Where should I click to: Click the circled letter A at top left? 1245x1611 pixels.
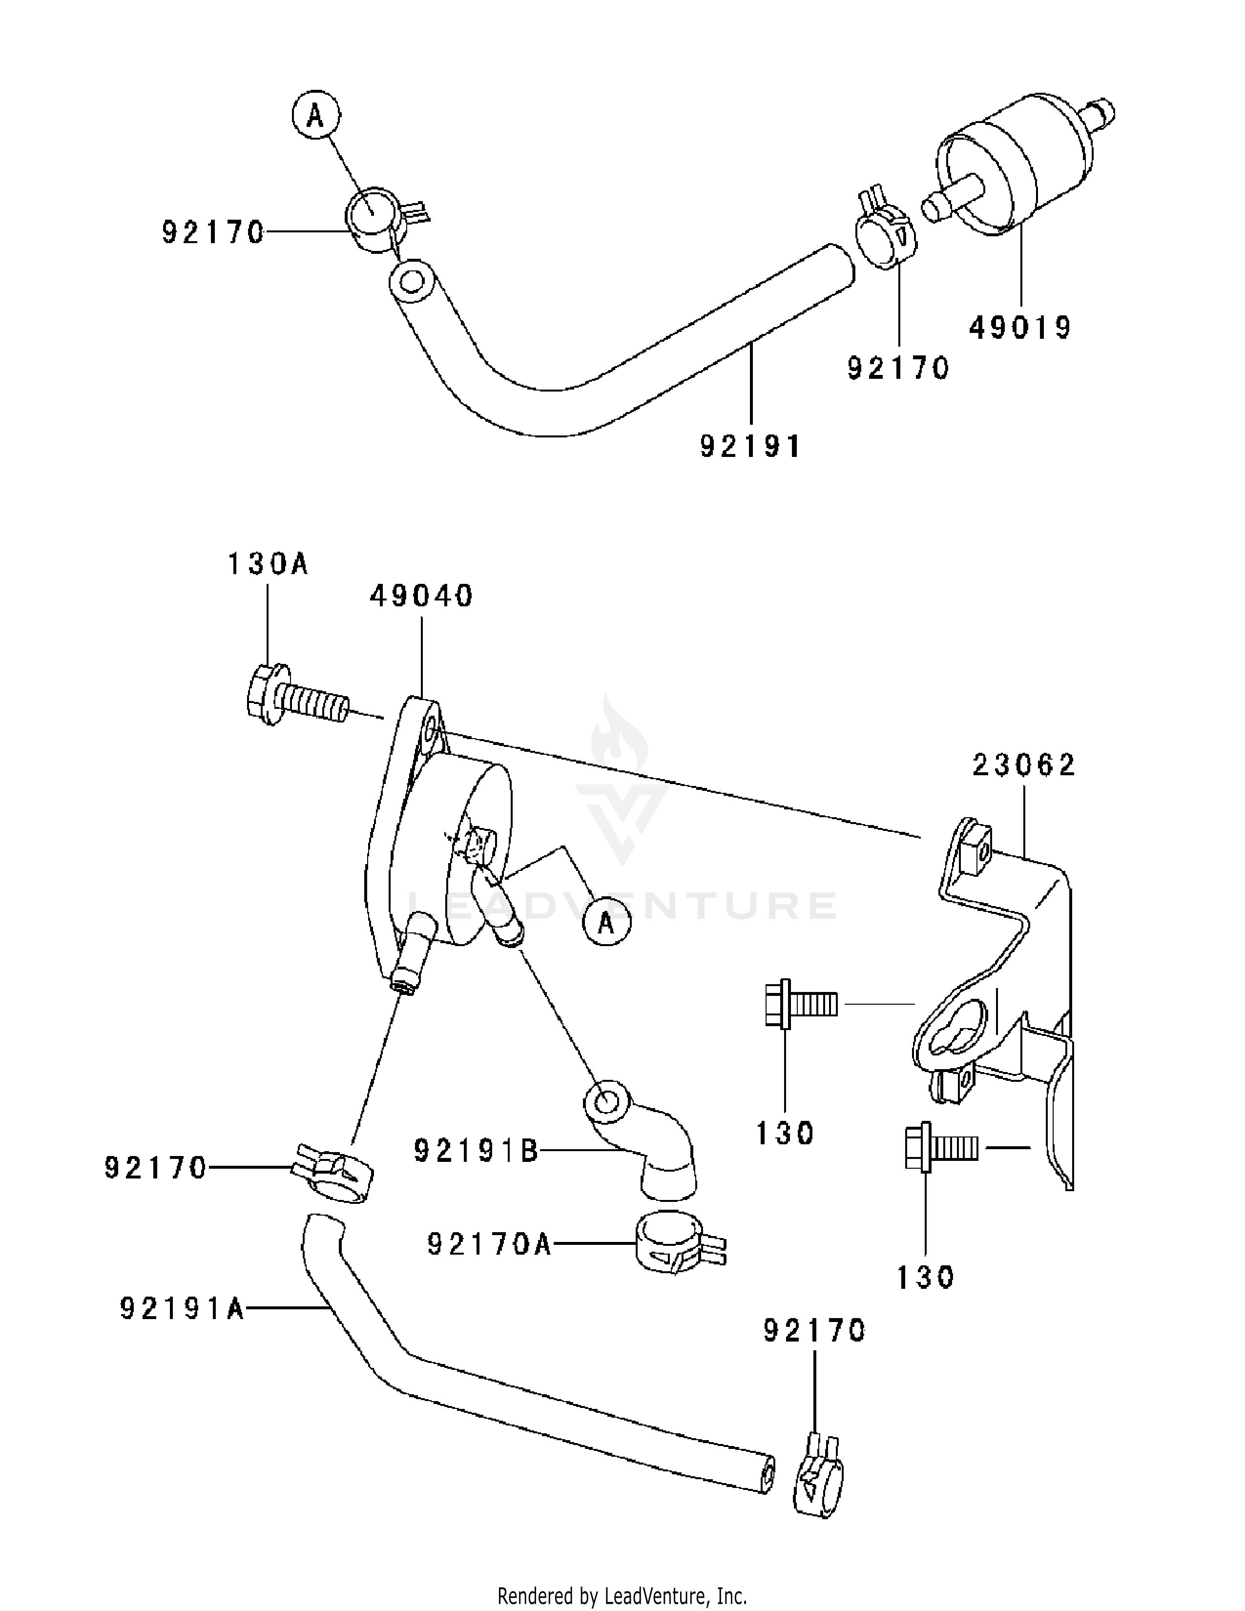coord(316,116)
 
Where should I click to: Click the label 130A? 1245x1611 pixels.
coord(267,564)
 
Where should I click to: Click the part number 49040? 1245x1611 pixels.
coord(421,596)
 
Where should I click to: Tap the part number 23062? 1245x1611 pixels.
coord(1024,765)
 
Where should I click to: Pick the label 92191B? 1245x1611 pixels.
coord(477,1151)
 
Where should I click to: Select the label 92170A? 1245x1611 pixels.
coord(490,1244)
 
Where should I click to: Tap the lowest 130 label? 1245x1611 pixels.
coord(926,1277)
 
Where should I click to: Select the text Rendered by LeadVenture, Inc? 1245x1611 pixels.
coord(622,1597)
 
